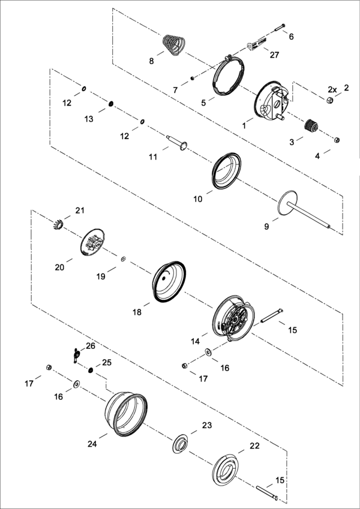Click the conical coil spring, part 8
coord(173,44)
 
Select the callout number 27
coord(274,55)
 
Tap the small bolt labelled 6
coord(280,28)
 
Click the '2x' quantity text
coord(332,89)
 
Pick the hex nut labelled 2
coord(329,100)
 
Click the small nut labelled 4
coord(337,140)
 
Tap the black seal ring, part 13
coord(111,104)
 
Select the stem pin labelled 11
coord(177,143)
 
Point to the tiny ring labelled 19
coord(123,259)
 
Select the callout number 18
coord(137,312)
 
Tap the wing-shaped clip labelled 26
coord(76,354)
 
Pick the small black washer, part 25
coord(91,370)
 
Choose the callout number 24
coord(92,444)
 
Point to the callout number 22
coord(255,446)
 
